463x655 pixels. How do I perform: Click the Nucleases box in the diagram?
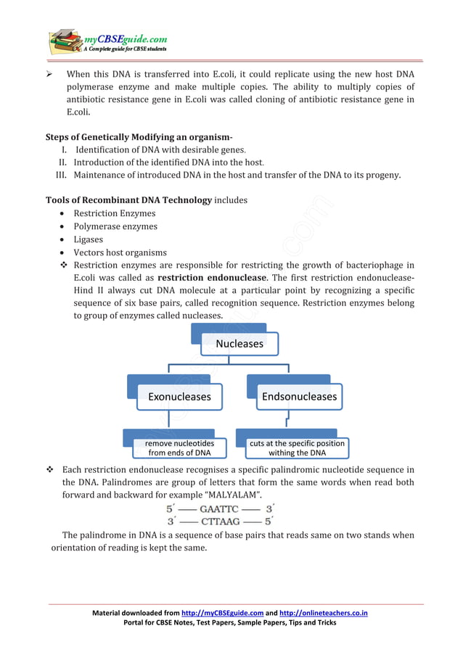click(x=239, y=343)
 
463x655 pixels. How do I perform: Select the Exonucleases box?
click(x=179, y=397)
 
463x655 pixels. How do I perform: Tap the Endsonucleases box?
click(x=299, y=397)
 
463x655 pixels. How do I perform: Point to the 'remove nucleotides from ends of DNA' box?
click(x=179, y=448)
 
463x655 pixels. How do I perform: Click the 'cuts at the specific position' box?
click(x=297, y=448)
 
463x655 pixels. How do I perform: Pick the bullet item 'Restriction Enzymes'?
click(x=115, y=213)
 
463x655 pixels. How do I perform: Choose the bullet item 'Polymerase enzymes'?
click(x=115, y=226)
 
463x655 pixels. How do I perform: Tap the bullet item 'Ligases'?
click(x=89, y=239)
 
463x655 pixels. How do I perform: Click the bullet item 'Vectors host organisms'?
click(x=120, y=252)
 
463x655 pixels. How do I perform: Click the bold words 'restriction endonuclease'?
click(x=205, y=278)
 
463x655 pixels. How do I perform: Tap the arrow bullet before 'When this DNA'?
click(x=52, y=74)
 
